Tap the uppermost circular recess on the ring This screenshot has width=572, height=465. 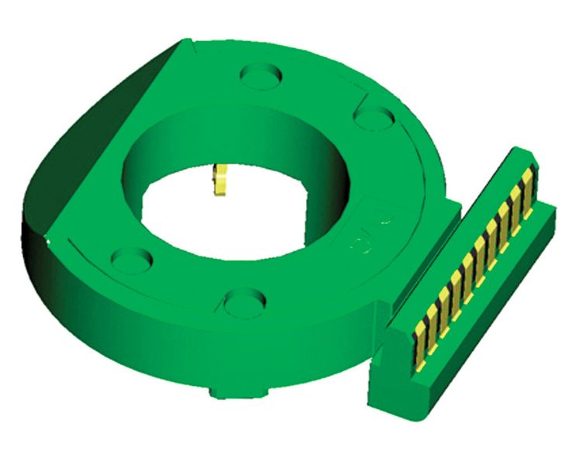pos(261,76)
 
